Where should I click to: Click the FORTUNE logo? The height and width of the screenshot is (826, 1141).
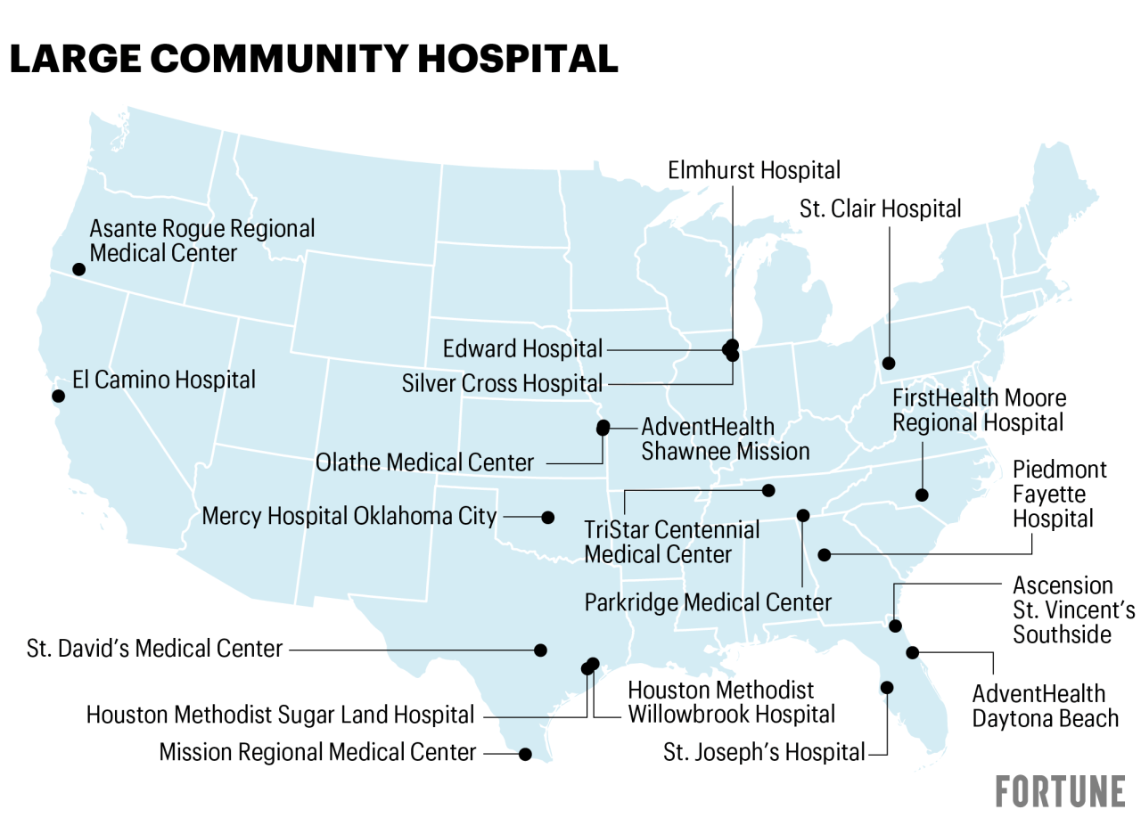[1060, 790]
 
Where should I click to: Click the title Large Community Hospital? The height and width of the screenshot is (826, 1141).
[313, 59]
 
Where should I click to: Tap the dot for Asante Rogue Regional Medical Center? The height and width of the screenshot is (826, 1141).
[78, 269]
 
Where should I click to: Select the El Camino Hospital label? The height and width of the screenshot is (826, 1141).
[164, 380]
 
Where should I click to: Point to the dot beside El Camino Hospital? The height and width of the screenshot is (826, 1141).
[58, 396]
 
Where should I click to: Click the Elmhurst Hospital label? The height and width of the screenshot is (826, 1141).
[754, 169]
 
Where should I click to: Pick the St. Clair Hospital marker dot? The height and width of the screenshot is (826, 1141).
[889, 363]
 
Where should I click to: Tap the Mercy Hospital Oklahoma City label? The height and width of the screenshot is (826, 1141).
[349, 516]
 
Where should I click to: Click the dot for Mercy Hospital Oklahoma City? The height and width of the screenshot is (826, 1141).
[548, 517]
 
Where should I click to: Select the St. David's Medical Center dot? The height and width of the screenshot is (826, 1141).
[540, 650]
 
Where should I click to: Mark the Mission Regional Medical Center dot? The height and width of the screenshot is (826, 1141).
[525, 754]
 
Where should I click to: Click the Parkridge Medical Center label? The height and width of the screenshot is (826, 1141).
[708, 602]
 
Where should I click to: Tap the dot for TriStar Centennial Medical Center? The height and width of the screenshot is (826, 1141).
[768, 490]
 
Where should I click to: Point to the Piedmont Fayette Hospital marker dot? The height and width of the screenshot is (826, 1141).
[825, 554]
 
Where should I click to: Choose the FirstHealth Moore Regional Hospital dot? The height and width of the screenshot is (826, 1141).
[923, 495]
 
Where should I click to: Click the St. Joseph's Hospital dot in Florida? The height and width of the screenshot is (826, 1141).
[887, 687]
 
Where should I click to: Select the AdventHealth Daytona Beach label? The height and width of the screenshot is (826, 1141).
[1038, 706]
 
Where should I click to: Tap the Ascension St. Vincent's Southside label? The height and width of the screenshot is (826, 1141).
[1073, 609]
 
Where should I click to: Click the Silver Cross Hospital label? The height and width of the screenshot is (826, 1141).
[502, 384]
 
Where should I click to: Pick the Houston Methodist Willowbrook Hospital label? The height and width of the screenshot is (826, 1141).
[731, 702]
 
